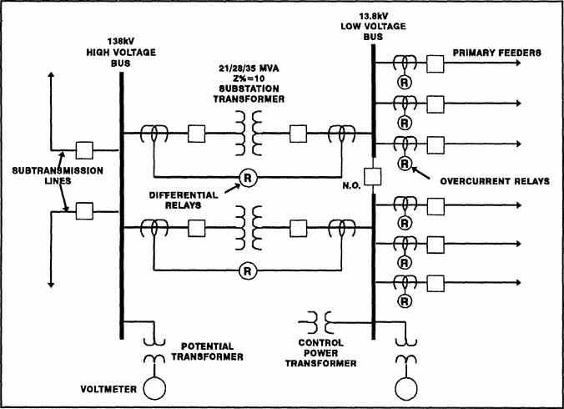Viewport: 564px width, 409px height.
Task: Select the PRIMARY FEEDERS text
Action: (x=497, y=53)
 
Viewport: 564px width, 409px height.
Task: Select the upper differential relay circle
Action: (x=247, y=176)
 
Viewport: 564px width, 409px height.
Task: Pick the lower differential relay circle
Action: (x=247, y=270)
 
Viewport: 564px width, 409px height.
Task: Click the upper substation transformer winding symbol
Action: (x=247, y=133)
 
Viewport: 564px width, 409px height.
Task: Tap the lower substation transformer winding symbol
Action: (x=247, y=226)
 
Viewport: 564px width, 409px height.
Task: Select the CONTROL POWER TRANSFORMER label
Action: (x=328, y=352)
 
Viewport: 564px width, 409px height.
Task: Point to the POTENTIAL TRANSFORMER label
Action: (x=208, y=351)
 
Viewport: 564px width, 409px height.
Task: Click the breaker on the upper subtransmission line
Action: (x=83, y=150)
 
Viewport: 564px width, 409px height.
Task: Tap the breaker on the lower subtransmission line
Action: (x=83, y=211)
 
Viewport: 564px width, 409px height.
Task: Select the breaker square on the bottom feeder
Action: (x=435, y=283)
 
